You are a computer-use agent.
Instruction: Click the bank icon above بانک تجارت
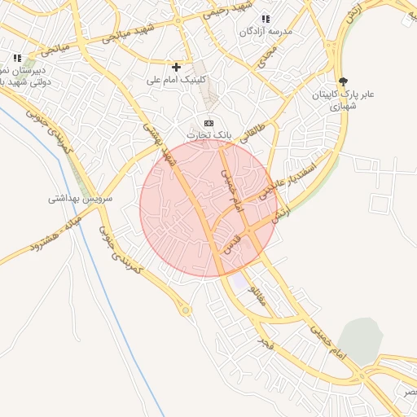(x=209, y=121)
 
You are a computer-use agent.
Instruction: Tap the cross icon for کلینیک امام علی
(x=177, y=66)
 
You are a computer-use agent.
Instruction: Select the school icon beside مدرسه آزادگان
(x=265, y=19)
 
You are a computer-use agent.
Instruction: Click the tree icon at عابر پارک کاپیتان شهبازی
(x=343, y=81)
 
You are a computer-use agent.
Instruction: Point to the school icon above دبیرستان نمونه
(x=17, y=58)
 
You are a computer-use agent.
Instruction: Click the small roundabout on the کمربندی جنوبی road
(x=187, y=309)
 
